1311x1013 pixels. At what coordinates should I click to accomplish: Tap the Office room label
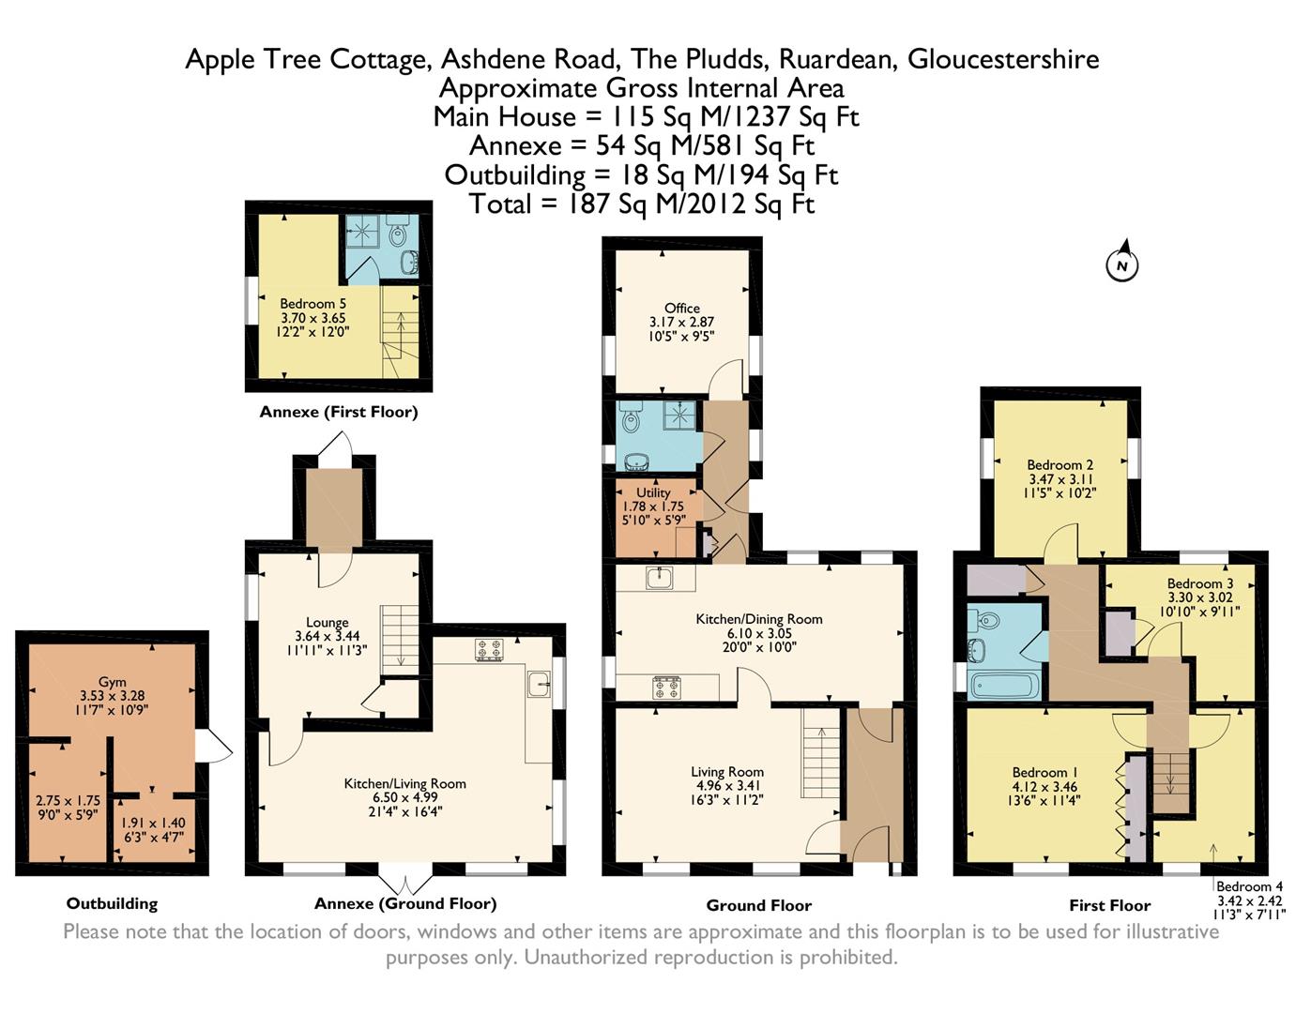pos(681,308)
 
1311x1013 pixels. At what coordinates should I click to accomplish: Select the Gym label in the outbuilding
pos(113,682)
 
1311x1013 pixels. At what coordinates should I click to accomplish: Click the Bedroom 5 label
pos(313,303)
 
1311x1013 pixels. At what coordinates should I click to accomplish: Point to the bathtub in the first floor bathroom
pos(1004,686)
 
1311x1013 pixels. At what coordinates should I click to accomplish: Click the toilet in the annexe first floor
pos(398,233)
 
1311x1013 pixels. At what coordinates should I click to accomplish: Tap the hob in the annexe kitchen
pos(489,649)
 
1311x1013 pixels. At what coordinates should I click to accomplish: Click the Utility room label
pos(653,492)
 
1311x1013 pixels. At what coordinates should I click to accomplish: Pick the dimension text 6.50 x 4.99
pos(404,797)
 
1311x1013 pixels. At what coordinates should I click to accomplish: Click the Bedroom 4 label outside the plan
pos(1249,886)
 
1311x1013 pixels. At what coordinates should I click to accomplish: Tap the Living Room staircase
pos(821,753)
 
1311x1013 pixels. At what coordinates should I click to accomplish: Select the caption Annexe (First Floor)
pos(339,412)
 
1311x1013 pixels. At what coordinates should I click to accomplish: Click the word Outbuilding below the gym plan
pos(113,903)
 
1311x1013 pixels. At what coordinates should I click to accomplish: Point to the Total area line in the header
pos(642,204)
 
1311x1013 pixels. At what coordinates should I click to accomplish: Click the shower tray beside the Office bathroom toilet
pos(683,415)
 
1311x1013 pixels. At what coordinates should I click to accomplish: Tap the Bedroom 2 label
pos(1060,465)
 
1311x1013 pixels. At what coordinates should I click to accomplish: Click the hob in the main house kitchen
pos(667,688)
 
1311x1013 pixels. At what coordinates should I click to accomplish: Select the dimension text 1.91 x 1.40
pos(153,824)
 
